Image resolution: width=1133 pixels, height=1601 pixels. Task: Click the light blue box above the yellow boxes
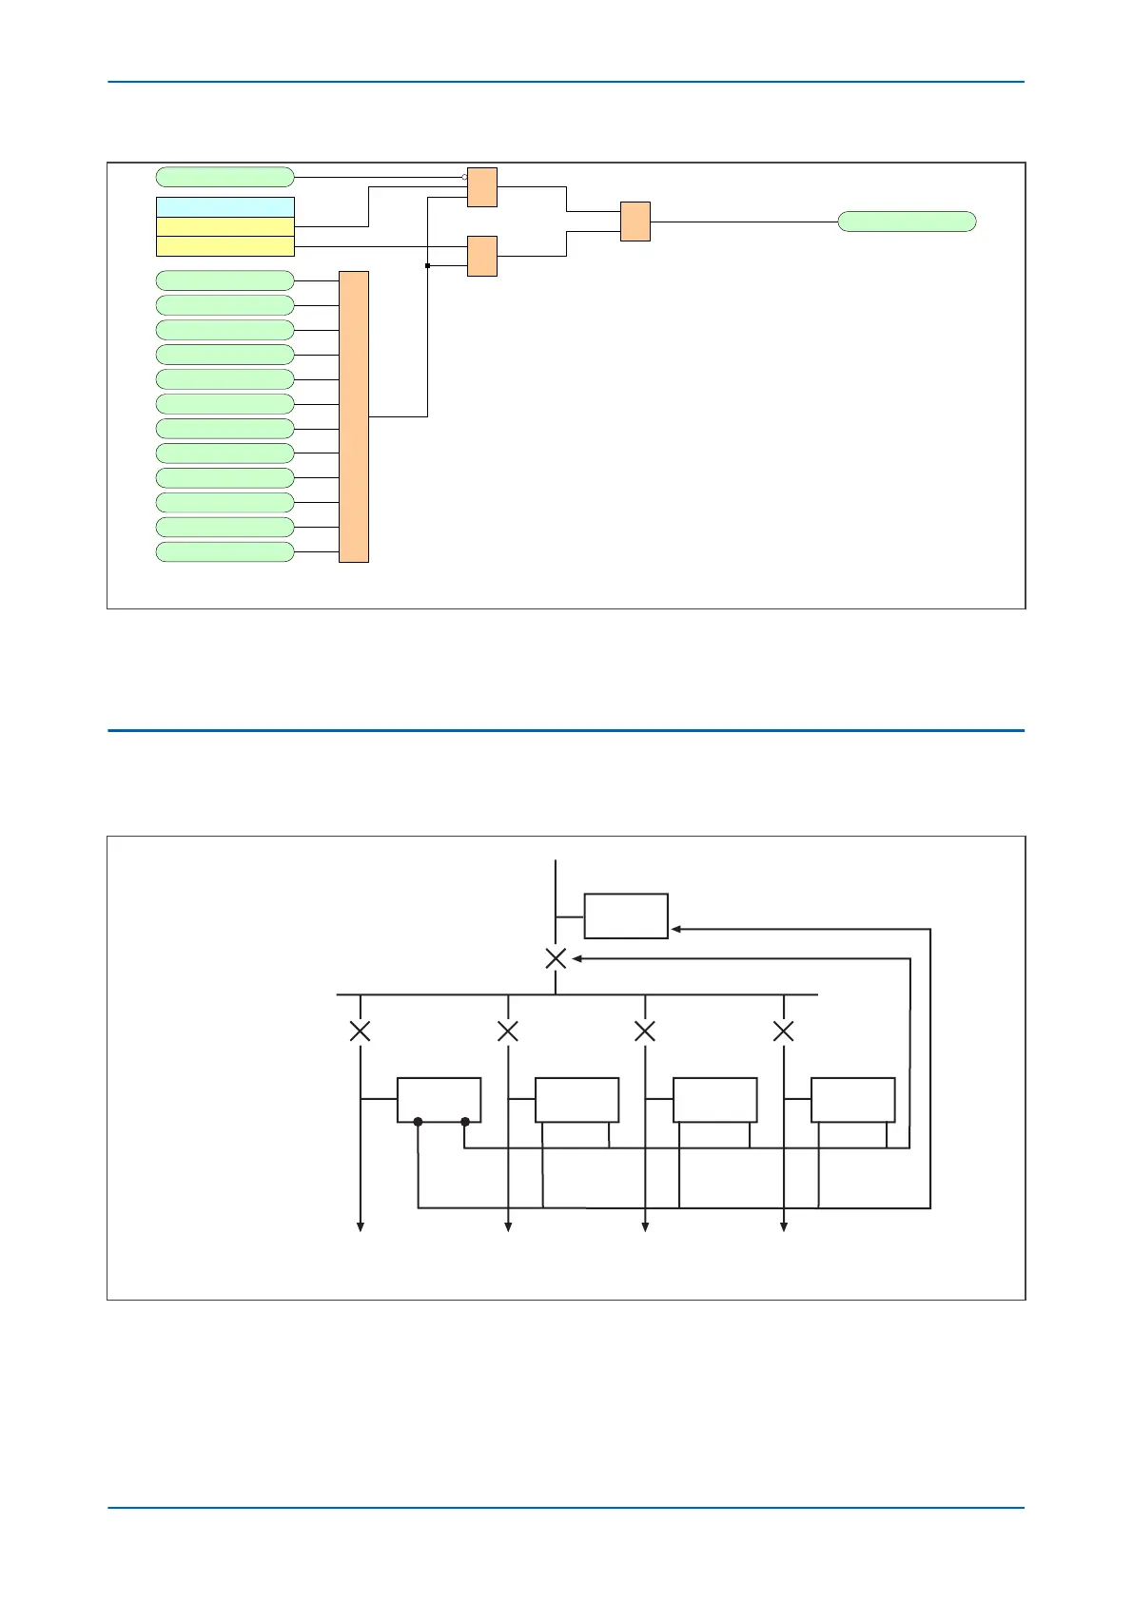coord(225,207)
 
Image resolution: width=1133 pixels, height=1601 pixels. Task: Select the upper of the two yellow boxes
coord(225,226)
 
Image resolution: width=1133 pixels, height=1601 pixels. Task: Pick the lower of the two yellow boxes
coord(225,246)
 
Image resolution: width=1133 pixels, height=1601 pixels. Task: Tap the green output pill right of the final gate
coord(907,222)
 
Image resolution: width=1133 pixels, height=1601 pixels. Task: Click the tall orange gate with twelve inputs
coord(353,416)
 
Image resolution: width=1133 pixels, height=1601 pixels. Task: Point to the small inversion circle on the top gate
coord(464,177)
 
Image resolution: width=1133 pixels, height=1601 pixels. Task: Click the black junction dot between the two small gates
coord(427,266)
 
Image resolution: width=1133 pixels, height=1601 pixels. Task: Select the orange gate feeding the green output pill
coord(635,222)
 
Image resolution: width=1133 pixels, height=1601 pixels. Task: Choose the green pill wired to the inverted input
coord(225,177)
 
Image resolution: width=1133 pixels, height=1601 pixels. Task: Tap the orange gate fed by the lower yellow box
coord(481,256)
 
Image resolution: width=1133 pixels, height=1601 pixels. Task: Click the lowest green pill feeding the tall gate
coord(225,552)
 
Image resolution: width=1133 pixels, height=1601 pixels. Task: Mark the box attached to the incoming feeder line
coord(625,916)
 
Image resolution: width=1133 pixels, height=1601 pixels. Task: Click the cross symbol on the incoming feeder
coord(556,958)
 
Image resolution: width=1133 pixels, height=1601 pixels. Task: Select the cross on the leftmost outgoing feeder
coord(360,1031)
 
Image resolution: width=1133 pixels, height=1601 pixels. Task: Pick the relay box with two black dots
coord(439,1100)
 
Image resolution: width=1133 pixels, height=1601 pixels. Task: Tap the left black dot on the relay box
coord(418,1122)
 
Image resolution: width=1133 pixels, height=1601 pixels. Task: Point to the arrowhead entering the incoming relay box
coord(675,929)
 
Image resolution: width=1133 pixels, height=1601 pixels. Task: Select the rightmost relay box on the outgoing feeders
coord(852,1100)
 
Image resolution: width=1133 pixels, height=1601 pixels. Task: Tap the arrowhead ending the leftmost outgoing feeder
coord(361,1227)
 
